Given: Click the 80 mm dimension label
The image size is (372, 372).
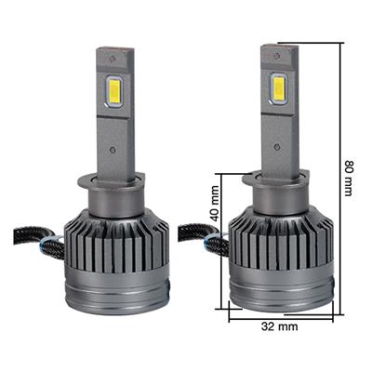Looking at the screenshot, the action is (x=348, y=179).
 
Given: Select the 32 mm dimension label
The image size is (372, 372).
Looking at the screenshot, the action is (x=279, y=326).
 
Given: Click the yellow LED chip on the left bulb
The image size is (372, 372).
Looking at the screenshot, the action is (x=114, y=90).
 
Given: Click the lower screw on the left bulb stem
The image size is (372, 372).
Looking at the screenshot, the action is (x=113, y=149).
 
